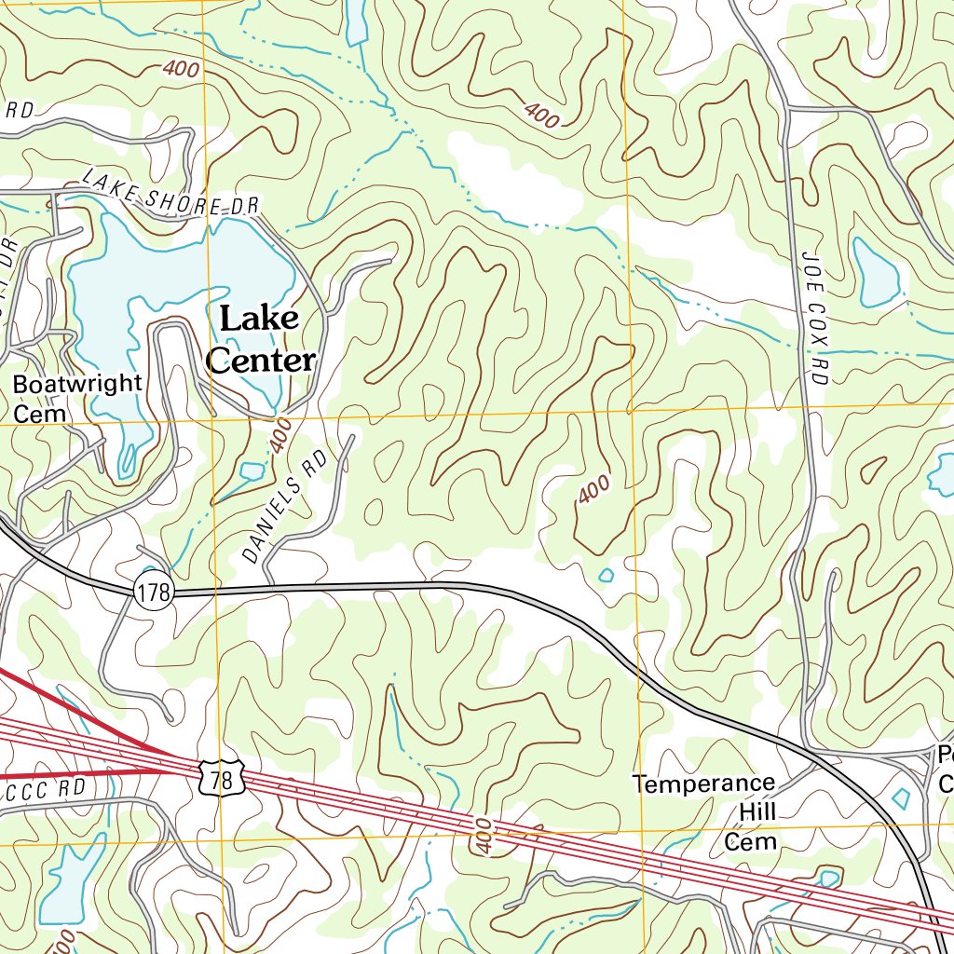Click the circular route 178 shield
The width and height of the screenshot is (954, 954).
coord(154,592)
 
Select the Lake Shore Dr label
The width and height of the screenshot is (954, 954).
coord(168,193)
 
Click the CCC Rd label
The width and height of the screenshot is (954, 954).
coord(47,789)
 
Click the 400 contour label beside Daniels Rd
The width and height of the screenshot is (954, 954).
coord(280,436)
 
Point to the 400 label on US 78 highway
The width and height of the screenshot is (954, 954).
coord(482,834)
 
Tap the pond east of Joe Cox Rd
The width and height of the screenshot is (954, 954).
coord(877,272)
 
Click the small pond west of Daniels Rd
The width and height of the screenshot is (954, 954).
coord(252,471)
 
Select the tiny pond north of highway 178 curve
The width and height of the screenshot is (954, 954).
coord(606,575)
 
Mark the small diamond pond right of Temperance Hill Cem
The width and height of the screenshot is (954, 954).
coord(901,798)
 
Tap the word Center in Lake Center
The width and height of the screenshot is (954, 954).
coord(261,360)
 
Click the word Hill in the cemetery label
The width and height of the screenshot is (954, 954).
coord(756,812)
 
